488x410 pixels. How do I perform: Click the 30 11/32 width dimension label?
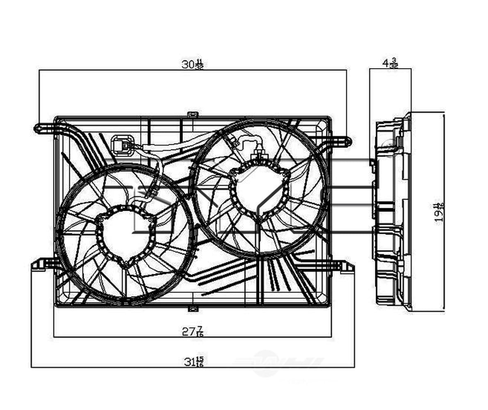192,64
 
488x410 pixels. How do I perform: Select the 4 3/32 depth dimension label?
390,63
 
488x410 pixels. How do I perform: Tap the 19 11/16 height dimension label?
440,212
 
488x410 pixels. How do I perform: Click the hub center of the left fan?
125,236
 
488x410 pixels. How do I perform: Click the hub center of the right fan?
259,191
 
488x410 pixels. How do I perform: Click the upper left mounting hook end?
38,129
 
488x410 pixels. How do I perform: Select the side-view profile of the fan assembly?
392,212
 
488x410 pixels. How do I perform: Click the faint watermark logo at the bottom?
279,363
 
